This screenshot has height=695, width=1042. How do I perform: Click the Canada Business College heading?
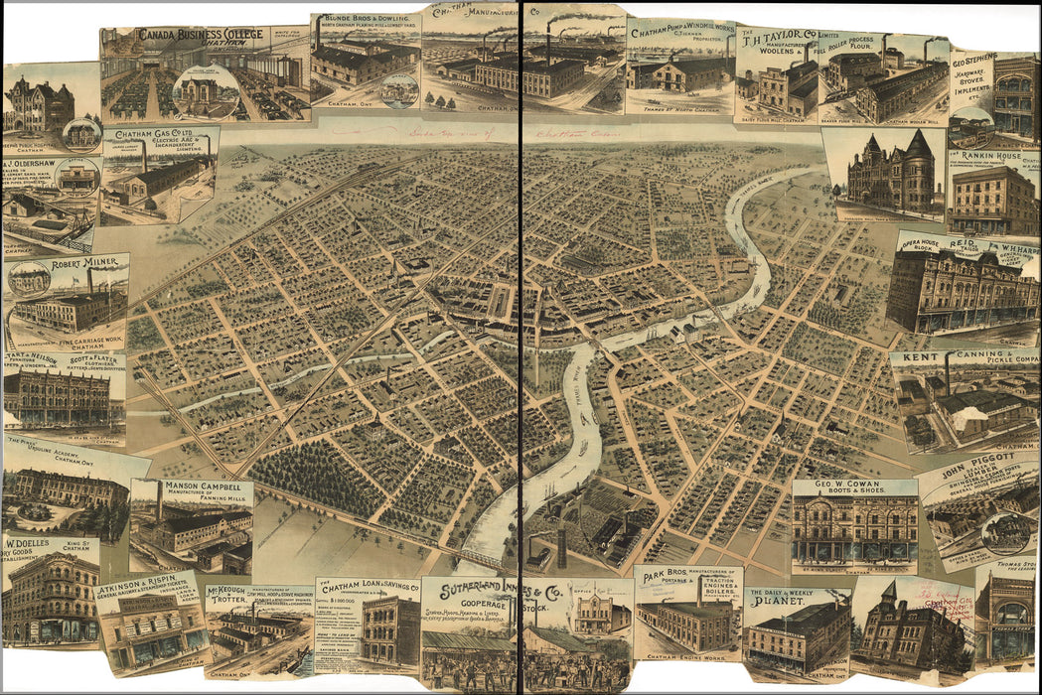(x=201, y=34)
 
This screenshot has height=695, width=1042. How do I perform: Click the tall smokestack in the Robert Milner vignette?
(x=90, y=280)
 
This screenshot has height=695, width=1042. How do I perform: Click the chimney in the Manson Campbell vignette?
(x=159, y=502)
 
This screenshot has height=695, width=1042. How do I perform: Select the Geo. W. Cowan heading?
(x=853, y=486)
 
